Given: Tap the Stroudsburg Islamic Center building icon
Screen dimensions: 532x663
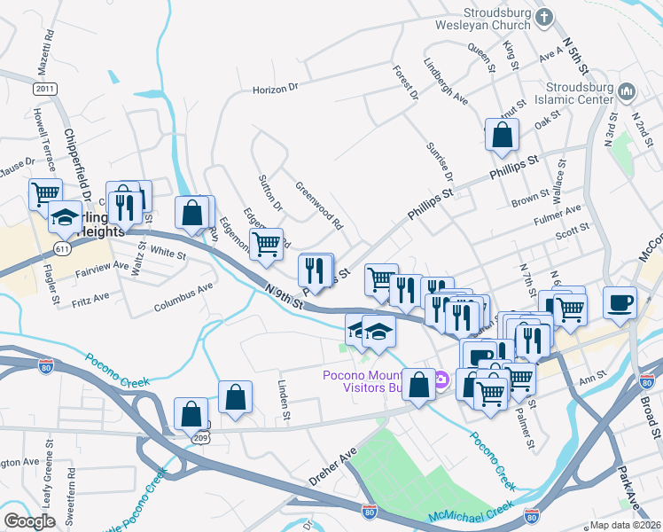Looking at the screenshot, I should pos(628,91).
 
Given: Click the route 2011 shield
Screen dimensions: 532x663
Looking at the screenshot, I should pos(45,90).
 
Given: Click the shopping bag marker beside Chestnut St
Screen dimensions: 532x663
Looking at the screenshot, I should pos(502,135).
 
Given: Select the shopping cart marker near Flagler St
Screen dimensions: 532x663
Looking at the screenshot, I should pos(45,192).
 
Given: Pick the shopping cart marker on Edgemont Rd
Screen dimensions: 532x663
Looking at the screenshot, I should pos(266,244).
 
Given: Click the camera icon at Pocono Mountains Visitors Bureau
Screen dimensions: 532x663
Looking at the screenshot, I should pos(441,381).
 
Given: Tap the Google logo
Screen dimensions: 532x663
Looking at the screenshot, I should pos(29,521).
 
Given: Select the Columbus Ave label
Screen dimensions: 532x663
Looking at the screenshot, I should pos(183,298).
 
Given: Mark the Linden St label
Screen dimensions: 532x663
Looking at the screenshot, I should pos(285,399).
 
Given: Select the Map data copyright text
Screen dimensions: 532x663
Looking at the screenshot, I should pos(624,525).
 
